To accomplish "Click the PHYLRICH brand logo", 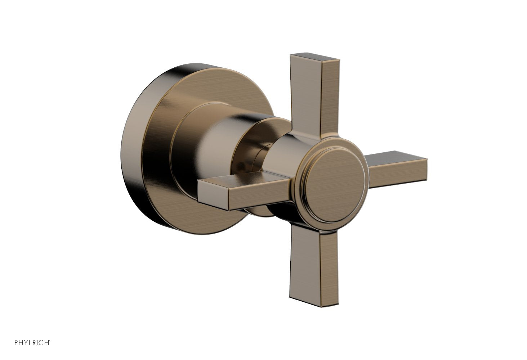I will pos(32,343).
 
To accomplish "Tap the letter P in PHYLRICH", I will pos(17,343).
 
